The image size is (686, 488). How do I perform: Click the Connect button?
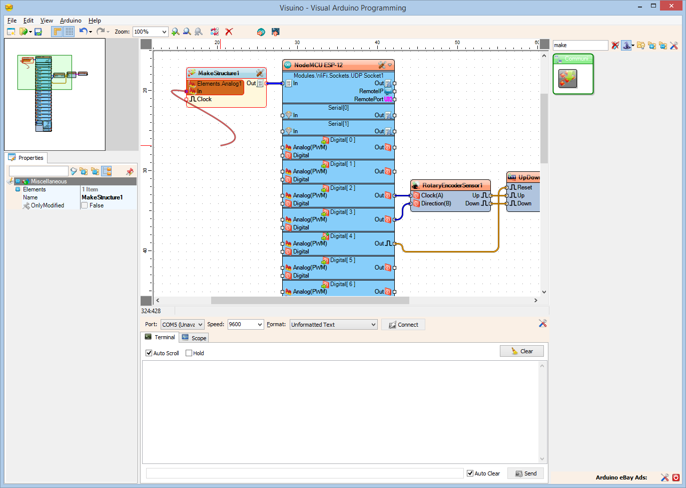[x=403, y=325]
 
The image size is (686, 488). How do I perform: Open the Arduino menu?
[x=71, y=21]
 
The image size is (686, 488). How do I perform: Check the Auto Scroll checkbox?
[x=149, y=353]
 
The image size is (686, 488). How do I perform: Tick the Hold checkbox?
[x=189, y=353]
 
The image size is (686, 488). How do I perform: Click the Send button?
[x=525, y=473]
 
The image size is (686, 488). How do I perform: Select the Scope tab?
[x=195, y=338]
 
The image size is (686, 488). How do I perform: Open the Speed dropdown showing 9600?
[x=245, y=325]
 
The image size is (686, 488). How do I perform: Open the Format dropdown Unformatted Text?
[x=333, y=325]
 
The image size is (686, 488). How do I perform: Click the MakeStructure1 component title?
[x=219, y=73]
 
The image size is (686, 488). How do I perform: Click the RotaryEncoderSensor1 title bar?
[x=452, y=185]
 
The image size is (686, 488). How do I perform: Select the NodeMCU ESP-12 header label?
[x=318, y=65]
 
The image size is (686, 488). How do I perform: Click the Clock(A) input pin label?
[x=432, y=195]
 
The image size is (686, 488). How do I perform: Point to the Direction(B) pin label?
[x=436, y=203]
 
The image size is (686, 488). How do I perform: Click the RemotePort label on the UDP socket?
[x=368, y=99]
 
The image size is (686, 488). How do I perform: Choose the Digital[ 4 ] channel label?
[x=343, y=236]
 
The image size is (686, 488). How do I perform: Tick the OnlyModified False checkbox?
[x=85, y=205]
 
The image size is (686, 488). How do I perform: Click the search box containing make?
[x=580, y=45]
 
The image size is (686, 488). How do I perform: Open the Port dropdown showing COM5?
[x=182, y=325]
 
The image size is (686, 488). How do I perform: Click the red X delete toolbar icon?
[x=229, y=32]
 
